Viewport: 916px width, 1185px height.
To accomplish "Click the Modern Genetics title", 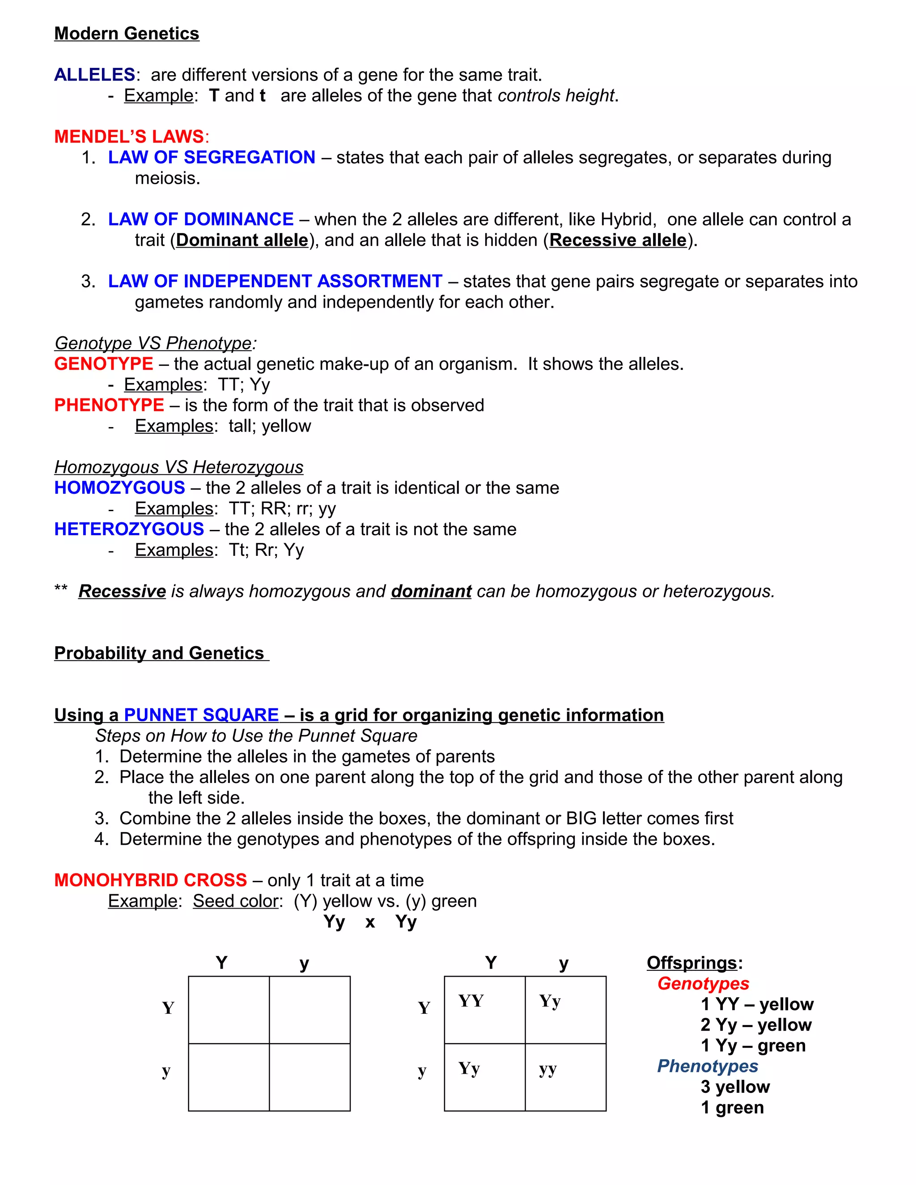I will point(127,34).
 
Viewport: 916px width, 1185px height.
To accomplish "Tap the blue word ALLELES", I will point(94,75).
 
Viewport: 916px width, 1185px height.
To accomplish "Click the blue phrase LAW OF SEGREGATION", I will point(212,157).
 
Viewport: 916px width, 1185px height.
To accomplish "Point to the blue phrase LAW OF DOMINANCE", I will point(201,219).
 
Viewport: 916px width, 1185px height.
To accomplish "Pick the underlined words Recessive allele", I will point(618,240).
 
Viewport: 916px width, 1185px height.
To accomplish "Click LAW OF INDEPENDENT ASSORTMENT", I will point(275,281).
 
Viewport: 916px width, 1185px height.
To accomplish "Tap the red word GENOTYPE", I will point(104,364).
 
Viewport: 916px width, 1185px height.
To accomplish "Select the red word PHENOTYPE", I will point(109,405).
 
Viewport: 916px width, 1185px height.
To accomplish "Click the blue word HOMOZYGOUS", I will point(119,488).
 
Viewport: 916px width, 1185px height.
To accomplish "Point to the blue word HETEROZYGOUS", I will point(129,529).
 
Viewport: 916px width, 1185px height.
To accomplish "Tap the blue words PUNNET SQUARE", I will point(201,715).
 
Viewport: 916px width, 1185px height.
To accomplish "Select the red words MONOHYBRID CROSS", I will point(150,880).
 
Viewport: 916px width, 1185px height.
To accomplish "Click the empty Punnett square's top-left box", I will point(229,1009).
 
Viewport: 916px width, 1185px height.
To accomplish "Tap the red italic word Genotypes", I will point(703,984).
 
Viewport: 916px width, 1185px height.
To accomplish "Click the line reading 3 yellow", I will point(735,1087).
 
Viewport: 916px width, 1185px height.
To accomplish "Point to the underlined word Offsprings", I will point(691,963).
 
